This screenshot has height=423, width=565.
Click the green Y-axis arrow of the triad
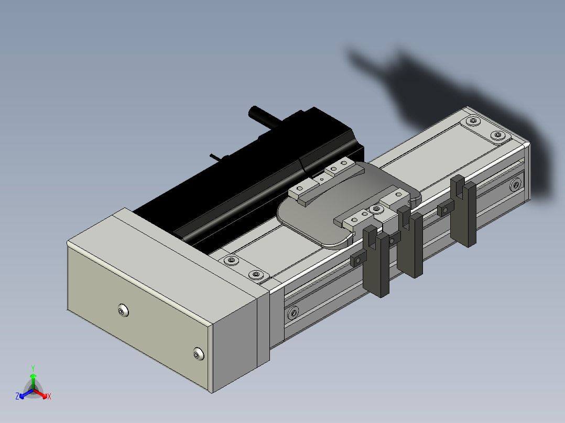coord(33,381)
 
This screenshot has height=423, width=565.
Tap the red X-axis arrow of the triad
coord(41,394)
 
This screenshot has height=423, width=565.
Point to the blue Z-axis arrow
coord(26,394)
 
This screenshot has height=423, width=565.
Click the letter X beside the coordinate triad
coord(49,396)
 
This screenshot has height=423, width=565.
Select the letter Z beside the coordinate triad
coord(17,396)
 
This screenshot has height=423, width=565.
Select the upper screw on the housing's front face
coord(124,310)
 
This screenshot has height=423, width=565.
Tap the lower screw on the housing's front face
coord(199,353)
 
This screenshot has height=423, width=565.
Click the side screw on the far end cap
coord(515,185)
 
